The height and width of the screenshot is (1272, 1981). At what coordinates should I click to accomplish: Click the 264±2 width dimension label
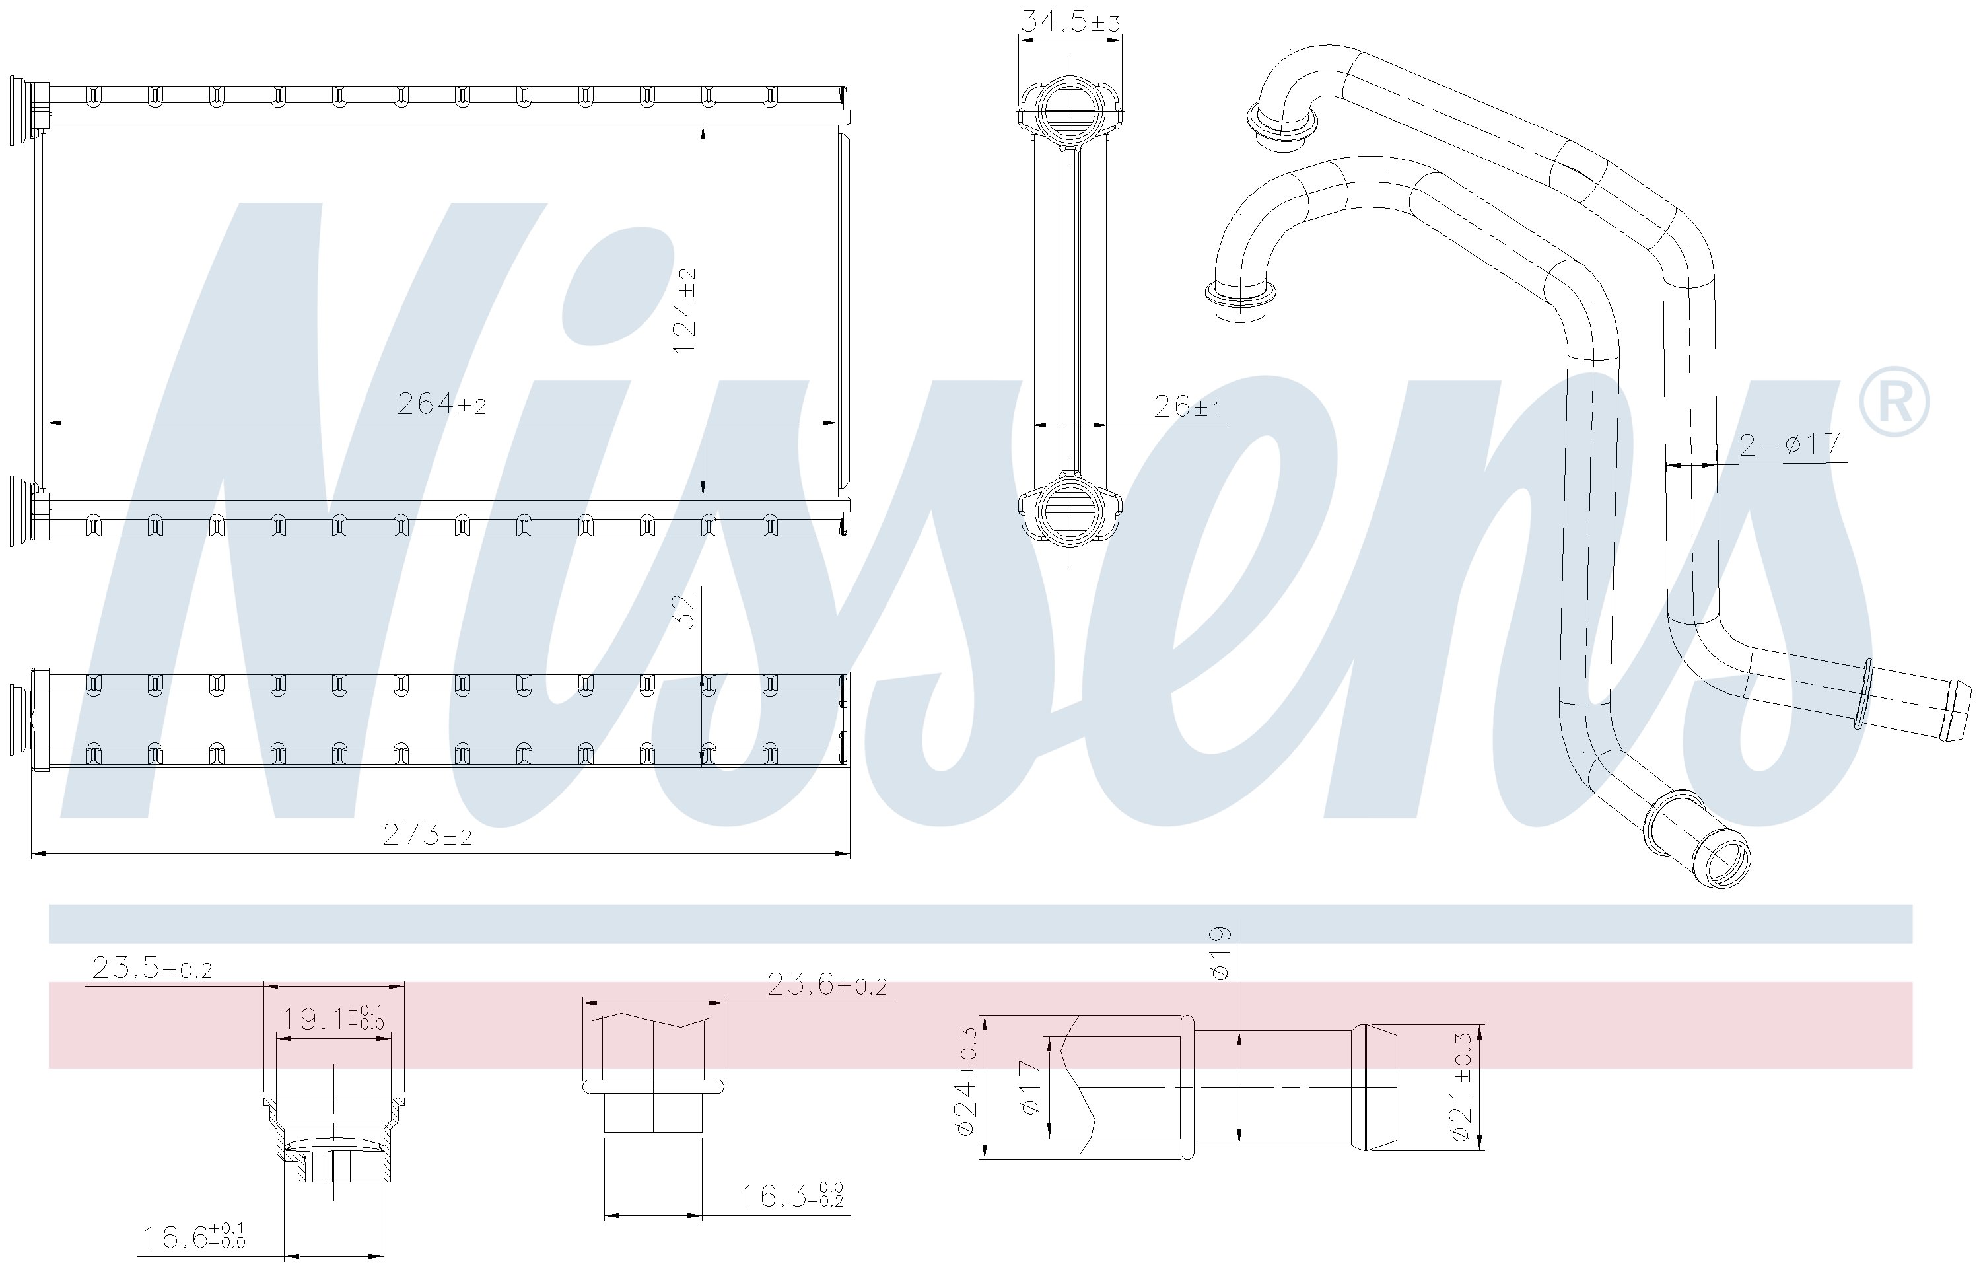tap(442, 404)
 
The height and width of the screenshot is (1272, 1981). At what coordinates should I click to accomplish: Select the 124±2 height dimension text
tap(685, 310)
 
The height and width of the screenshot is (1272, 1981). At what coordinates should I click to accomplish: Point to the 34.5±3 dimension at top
tap(1070, 20)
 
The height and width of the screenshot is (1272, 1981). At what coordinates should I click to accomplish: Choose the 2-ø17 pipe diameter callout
tap(1790, 444)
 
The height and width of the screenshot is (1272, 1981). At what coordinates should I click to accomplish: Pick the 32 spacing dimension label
tap(685, 611)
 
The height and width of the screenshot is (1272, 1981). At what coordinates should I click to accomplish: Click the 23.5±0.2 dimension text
tap(152, 968)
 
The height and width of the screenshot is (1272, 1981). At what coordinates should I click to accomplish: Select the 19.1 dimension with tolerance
tap(333, 1018)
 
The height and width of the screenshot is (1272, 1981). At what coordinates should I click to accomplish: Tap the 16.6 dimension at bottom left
tap(195, 1236)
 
